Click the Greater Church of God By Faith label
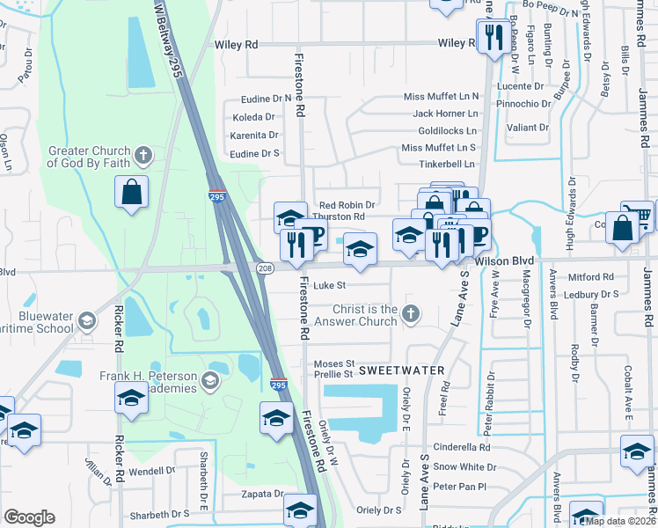[x=89, y=157]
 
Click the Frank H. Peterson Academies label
[x=157, y=382]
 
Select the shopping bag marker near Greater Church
[x=131, y=193]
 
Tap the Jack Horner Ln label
[x=445, y=114]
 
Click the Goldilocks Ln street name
[x=447, y=130]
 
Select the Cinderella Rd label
[x=461, y=447]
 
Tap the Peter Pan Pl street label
[x=459, y=486]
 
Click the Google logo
[x=29, y=517]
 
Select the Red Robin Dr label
[x=347, y=205]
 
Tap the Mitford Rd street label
[x=590, y=276]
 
